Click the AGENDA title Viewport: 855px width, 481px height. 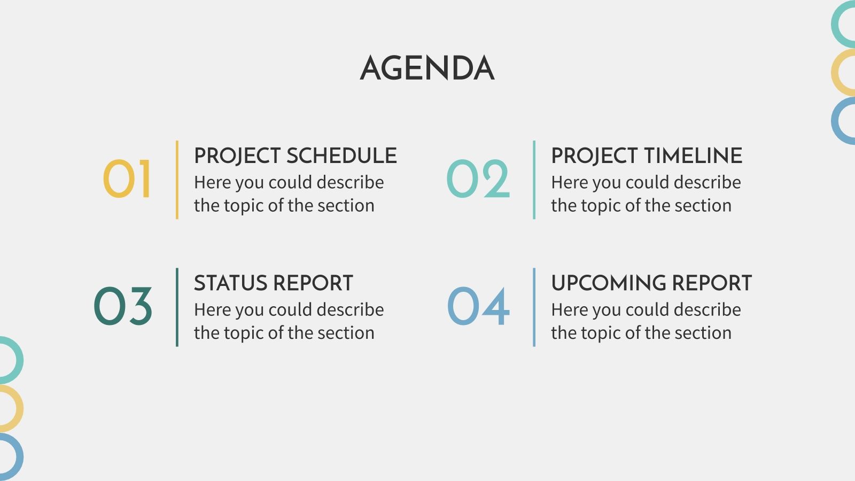pos(427,68)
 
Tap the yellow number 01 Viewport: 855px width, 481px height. pos(127,179)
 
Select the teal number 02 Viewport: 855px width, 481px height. pos(478,179)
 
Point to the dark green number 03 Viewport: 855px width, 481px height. pos(123,306)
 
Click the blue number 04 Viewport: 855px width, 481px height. pos(478,306)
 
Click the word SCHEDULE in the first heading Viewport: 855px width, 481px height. pos(341,156)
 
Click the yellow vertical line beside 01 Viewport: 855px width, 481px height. pos(177,180)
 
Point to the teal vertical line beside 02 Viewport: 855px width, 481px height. pos(534,180)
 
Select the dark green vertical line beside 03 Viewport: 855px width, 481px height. pos(177,307)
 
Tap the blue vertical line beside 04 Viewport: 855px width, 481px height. pos(534,307)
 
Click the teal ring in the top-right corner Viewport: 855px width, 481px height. pos(835,24)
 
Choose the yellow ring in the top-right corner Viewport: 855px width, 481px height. pos(835,73)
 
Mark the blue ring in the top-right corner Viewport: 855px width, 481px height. pos(835,121)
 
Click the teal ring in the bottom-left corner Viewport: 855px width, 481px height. pos(19,360)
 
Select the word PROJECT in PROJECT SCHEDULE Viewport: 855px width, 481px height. pos(237,156)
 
